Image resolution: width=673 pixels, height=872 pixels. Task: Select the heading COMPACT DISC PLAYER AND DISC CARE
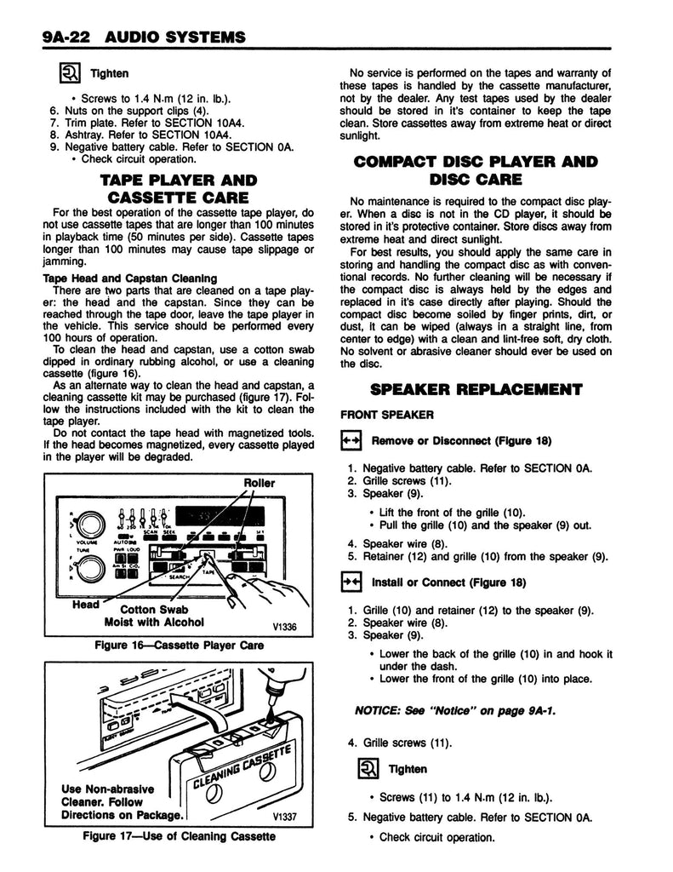point(476,169)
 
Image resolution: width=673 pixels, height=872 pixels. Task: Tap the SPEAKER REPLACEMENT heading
point(476,390)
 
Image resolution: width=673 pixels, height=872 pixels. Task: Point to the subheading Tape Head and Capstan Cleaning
point(130,278)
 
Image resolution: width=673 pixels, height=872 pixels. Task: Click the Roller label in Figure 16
point(260,483)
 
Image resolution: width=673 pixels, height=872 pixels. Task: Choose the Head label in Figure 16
point(85,604)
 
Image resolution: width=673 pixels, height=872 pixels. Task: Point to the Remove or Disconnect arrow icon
point(351,440)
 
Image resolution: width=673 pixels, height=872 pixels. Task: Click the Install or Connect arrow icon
point(351,582)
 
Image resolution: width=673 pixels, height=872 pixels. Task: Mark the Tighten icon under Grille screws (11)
point(367,770)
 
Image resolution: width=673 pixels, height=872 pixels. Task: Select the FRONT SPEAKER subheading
point(375,416)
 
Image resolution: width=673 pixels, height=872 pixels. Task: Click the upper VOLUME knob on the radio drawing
point(90,522)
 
